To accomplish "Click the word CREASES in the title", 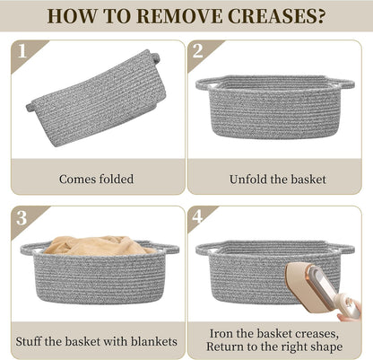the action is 267,16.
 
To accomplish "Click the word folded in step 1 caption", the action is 117,180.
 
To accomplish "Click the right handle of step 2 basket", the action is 343,83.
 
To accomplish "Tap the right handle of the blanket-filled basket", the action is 168,248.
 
